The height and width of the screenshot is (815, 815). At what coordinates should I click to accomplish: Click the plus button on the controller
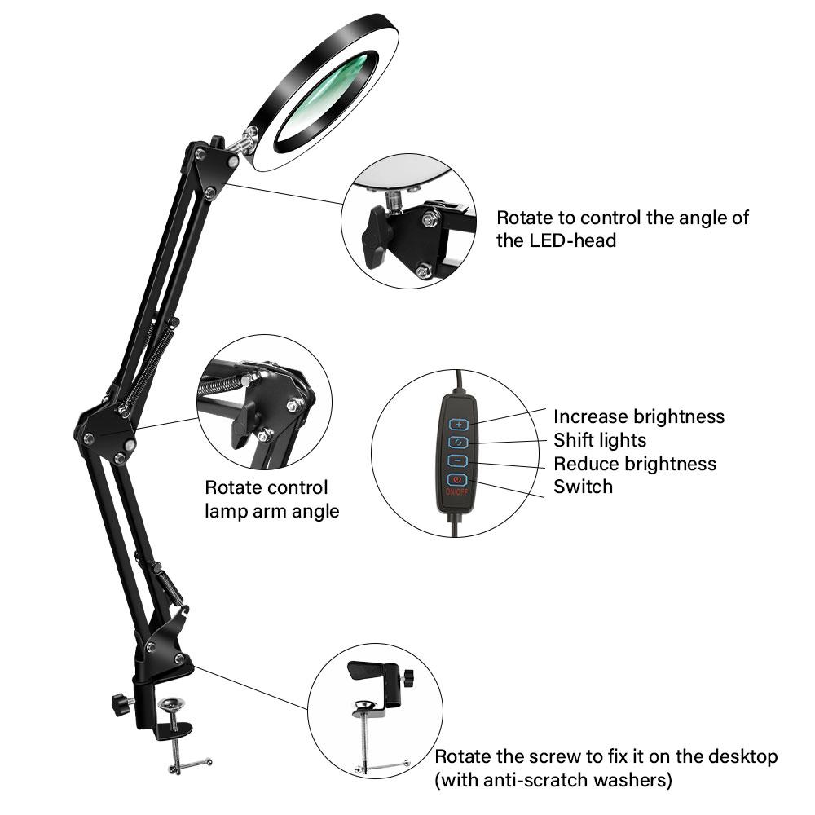pyautogui.click(x=459, y=424)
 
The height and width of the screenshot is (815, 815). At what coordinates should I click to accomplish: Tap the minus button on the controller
pyautogui.click(x=459, y=461)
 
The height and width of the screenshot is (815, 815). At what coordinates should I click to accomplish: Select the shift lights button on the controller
pyautogui.click(x=459, y=443)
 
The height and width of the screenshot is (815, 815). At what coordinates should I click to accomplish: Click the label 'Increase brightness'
pyautogui.click(x=638, y=416)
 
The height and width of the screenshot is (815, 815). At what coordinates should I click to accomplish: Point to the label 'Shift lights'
pyautogui.click(x=600, y=440)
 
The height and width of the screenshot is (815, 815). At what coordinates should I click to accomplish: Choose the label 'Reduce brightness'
pyautogui.click(x=635, y=464)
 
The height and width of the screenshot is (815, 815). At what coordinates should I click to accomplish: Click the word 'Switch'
pyautogui.click(x=583, y=487)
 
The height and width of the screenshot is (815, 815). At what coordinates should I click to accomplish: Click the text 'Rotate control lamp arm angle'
pyautogui.click(x=271, y=500)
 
